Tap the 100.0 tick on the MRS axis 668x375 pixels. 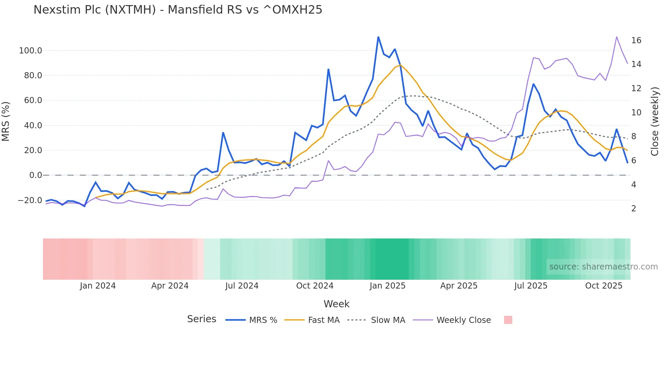coord(31,51)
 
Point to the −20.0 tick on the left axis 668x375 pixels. coord(30,200)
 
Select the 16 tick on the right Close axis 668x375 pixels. coord(636,40)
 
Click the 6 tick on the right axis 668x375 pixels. coord(634,160)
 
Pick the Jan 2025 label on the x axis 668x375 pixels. coord(387,286)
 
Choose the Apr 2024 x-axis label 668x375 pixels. coord(170,286)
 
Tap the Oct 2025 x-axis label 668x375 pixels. coord(604,286)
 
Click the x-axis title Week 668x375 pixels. coord(336,304)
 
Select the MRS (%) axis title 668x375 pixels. coord(6,121)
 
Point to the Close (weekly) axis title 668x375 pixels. coord(654,121)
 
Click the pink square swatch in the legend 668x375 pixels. coord(508,320)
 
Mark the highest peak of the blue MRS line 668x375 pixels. coord(378,37)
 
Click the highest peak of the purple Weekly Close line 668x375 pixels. coord(617,37)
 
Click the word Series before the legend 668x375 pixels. coord(201,319)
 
